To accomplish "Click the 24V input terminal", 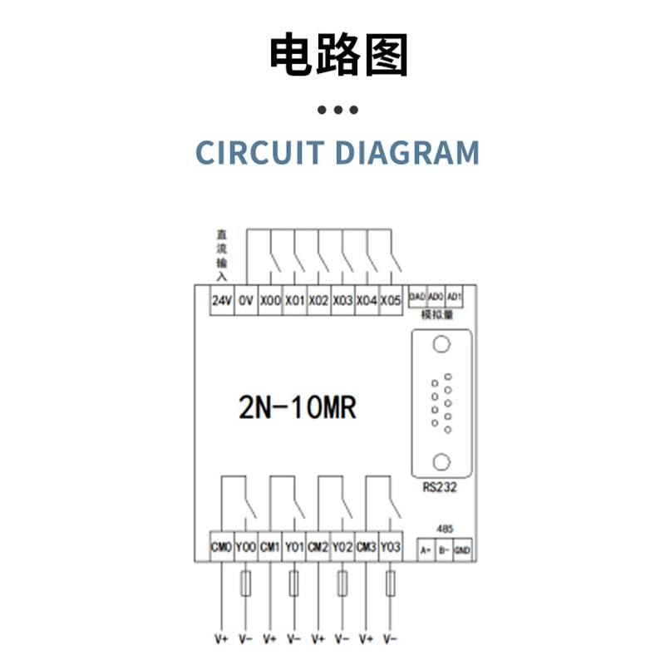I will (221, 301).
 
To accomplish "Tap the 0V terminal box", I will (245, 301).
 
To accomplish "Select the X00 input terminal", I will (270, 301).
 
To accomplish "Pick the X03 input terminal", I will (342, 301).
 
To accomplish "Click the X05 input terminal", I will (391, 301).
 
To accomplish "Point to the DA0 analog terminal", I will (417, 297).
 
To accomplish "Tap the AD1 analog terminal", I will (454, 297).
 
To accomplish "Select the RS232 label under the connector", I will (440, 487).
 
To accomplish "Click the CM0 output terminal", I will (221, 547).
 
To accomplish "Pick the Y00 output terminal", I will (245, 547).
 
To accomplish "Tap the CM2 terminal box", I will (318, 547).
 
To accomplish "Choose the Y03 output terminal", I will (391, 547).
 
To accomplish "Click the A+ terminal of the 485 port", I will (425, 549).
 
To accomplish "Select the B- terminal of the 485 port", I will (444, 549).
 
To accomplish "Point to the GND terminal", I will (462, 549).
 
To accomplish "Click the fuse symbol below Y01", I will (293, 584).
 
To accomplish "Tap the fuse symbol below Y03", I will (391, 584).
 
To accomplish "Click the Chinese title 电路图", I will (338, 56).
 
